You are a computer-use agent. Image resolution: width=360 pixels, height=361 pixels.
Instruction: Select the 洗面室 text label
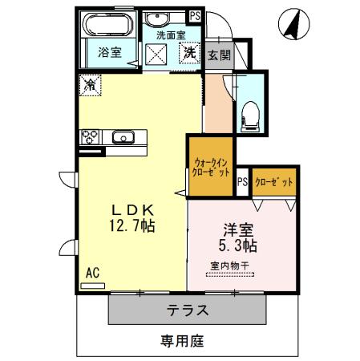tap(170, 35)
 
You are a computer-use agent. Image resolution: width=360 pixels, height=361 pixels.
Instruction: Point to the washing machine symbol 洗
tap(190, 54)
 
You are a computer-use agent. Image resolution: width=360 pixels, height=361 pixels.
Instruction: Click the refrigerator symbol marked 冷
tap(91, 83)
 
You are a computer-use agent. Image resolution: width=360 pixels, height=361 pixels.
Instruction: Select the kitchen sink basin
tap(123, 136)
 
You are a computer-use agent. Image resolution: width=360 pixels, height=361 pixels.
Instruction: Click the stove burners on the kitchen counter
tap(88, 136)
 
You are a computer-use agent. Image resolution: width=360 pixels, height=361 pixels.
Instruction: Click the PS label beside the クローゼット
tap(242, 182)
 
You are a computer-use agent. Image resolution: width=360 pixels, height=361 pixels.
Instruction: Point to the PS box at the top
tap(194, 15)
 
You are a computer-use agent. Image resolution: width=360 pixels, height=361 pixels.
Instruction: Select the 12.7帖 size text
tap(128, 227)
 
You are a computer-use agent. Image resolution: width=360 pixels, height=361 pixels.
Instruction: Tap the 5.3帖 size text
tap(236, 244)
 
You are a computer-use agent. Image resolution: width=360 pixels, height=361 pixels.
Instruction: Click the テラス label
tap(188, 310)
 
